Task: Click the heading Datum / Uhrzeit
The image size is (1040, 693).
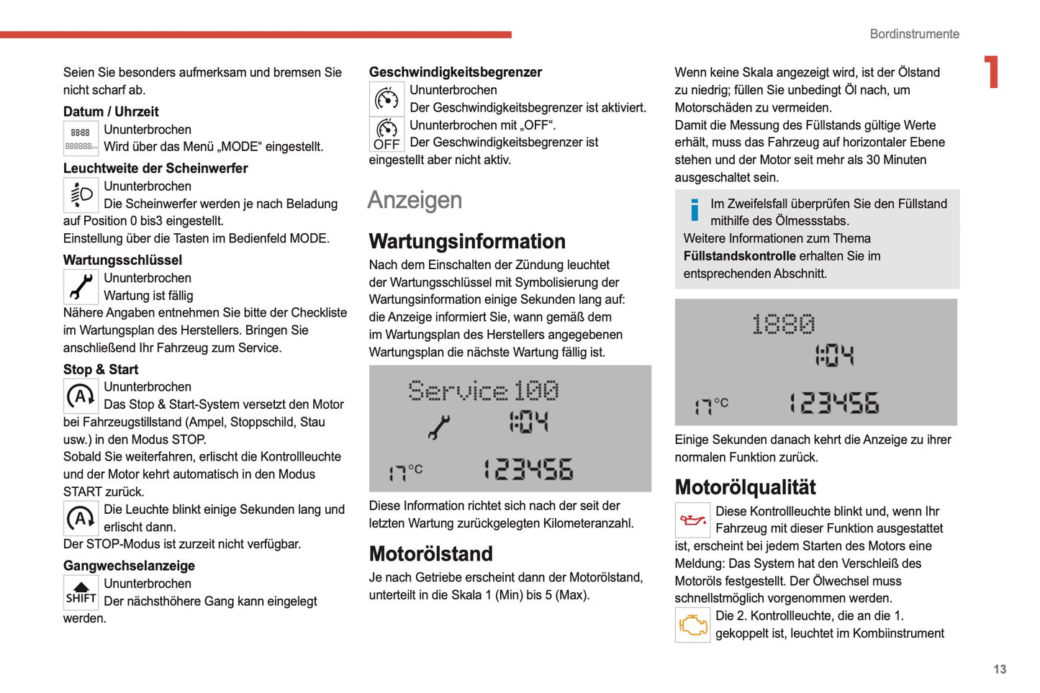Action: (x=111, y=112)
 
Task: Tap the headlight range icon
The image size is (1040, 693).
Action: (x=81, y=195)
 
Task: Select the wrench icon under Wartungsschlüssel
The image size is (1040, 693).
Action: (x=81, y=286)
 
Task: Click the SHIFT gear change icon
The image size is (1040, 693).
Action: (x=81, y=593)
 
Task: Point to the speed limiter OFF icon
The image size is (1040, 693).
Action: (x=386, y=134)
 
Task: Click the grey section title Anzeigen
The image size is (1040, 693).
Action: (x=415, y=200)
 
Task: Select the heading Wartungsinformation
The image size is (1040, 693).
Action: (x=467, y=241)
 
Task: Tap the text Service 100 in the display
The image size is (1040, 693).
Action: (x=483, y=391)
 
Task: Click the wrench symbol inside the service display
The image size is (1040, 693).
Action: (x=438, y=427)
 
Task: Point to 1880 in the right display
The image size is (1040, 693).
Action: (x=783, y=325)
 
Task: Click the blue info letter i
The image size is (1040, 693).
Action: (x=694, y=210)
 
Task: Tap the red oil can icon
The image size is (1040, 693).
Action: (x=692, y=520)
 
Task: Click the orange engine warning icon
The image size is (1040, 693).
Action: (x=692, y=625)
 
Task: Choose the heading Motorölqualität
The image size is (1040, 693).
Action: (x=745, y=487)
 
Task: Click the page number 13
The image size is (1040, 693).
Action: (x=999, y=669)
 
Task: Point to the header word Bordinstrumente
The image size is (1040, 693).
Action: (x=914, y=34)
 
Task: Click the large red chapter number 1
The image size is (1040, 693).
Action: (x=992, y=72)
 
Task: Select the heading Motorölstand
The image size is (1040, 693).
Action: (x=430, y=553)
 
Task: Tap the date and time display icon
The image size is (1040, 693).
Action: (x=81, y=139)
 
